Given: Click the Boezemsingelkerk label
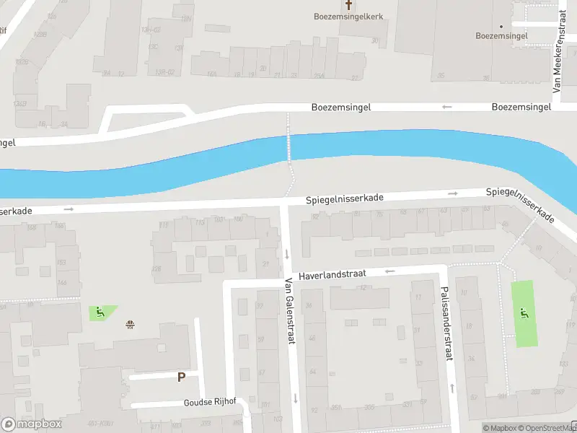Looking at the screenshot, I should [348, 17].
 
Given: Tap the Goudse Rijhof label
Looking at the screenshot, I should [210, 402].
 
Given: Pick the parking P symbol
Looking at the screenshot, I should [181, 377].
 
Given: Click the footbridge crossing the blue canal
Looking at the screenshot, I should [290, 147].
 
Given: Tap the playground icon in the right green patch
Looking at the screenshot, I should [524, 313].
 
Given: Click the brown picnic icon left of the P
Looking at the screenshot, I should [130, 324].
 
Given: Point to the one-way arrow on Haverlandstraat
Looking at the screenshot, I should [390, 271].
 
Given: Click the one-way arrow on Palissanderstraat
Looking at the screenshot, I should [452, 387].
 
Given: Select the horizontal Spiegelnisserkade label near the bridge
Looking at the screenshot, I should [344, 198].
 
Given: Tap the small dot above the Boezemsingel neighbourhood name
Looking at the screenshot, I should [501, 27].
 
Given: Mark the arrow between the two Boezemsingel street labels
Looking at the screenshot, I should [446, 107].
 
